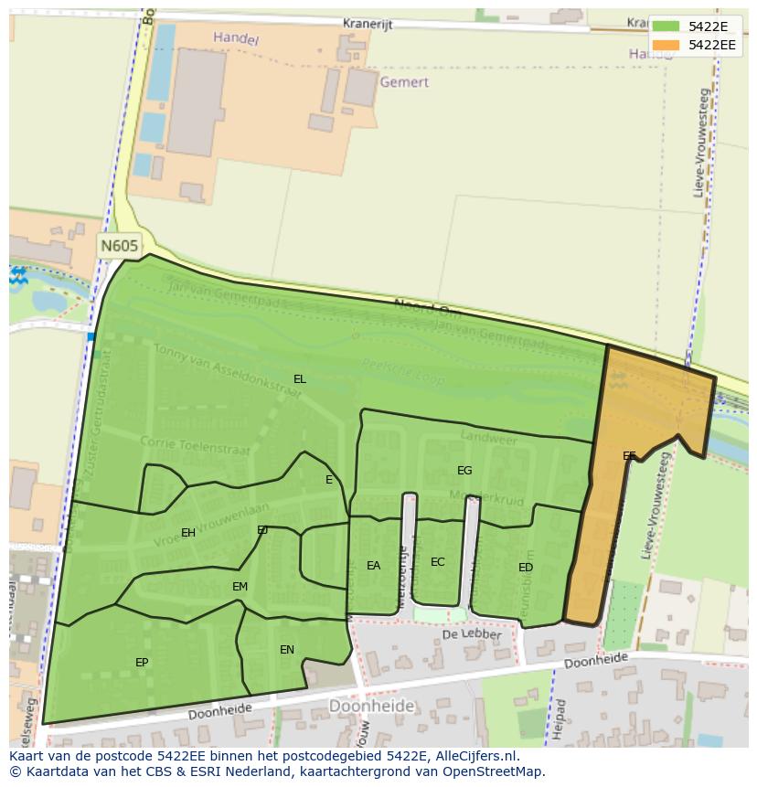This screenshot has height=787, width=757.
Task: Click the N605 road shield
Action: (120, 246)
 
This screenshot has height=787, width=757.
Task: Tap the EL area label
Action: (300, 378)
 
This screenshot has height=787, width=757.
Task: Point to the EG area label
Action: (464, 471)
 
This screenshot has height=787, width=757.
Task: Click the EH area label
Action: (188, 533)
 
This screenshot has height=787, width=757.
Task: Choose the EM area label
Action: (240, 587)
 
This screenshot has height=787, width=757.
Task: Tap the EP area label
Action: (142, 662)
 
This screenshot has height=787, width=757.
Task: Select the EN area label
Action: (287, 650)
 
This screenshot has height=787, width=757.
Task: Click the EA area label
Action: (373, 566)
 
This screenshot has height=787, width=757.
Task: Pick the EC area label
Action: (438, 562)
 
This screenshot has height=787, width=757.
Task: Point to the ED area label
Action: (526, 568)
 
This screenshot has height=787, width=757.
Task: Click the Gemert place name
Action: (403, 82)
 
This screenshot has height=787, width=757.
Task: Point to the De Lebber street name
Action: (472, 634)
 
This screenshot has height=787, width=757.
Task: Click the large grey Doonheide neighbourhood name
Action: (371, 706)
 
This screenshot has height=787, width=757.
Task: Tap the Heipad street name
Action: (560, 718)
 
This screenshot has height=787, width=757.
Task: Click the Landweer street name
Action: (489, 438)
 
